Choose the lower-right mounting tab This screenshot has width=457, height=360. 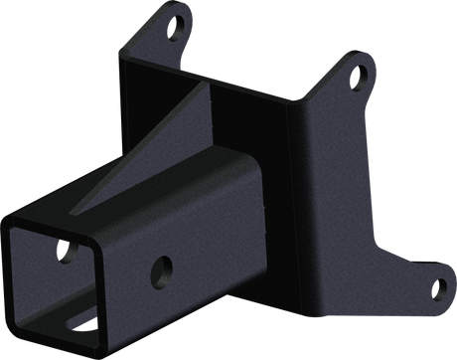[x=427, y=288]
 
